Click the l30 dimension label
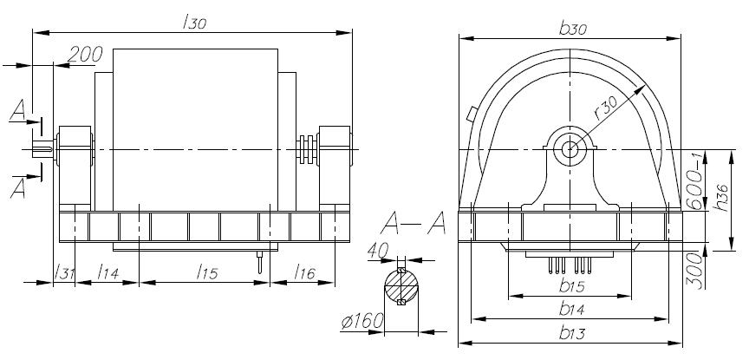pyautogui.click(x=194, y=22)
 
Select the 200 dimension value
pyautogui.click(x=85, y=55)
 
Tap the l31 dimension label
pyautogui.click(x=64, y=272)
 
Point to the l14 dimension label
pyautogui.click(x=107, y=272)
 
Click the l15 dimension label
pyautogui.click(x=207, y=272)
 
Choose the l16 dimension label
pyautogui.click(x=305, y=272)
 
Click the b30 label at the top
pyautogui.click(x=573, y=29)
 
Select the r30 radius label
pyautogui.click(x=606, y=109)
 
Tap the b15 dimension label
pyautogui.click(x=572, y=286)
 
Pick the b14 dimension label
pyautogui.click(x=572, y=309)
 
